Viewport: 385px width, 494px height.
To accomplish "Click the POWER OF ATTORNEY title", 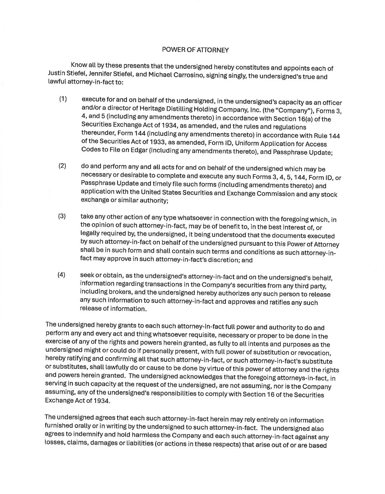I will pyautogui.click(x=195, y=50).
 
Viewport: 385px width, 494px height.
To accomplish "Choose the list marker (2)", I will pyautogui.click(x=63, y=166).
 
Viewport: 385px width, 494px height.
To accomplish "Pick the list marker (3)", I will pyautogui.click(x=62, y=216).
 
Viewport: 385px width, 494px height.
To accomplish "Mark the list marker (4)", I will pyautogui.click(x=62, y=274).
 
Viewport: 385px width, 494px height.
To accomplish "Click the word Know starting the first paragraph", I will pyautogui.click(x=79, y=65).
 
